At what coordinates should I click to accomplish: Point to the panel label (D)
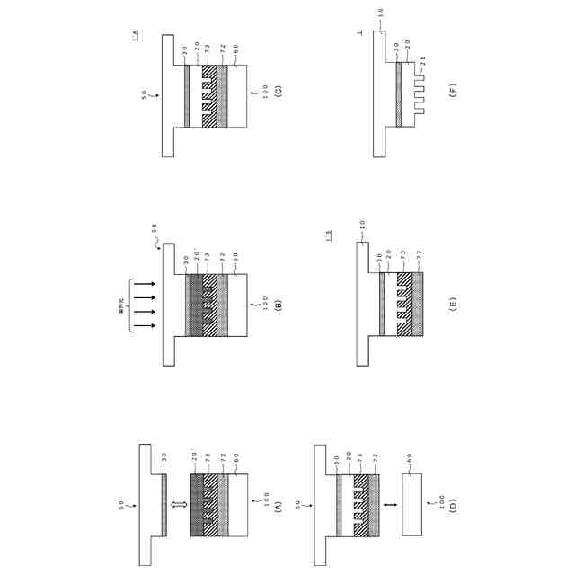click(x=454, y=508)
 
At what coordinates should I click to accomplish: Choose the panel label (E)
click(x=453, y=304)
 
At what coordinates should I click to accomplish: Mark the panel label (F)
click(x=453, y=93)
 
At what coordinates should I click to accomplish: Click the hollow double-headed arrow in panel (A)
click(x=179, y=507)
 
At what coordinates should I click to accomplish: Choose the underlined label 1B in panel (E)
click(x=331, y=236)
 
